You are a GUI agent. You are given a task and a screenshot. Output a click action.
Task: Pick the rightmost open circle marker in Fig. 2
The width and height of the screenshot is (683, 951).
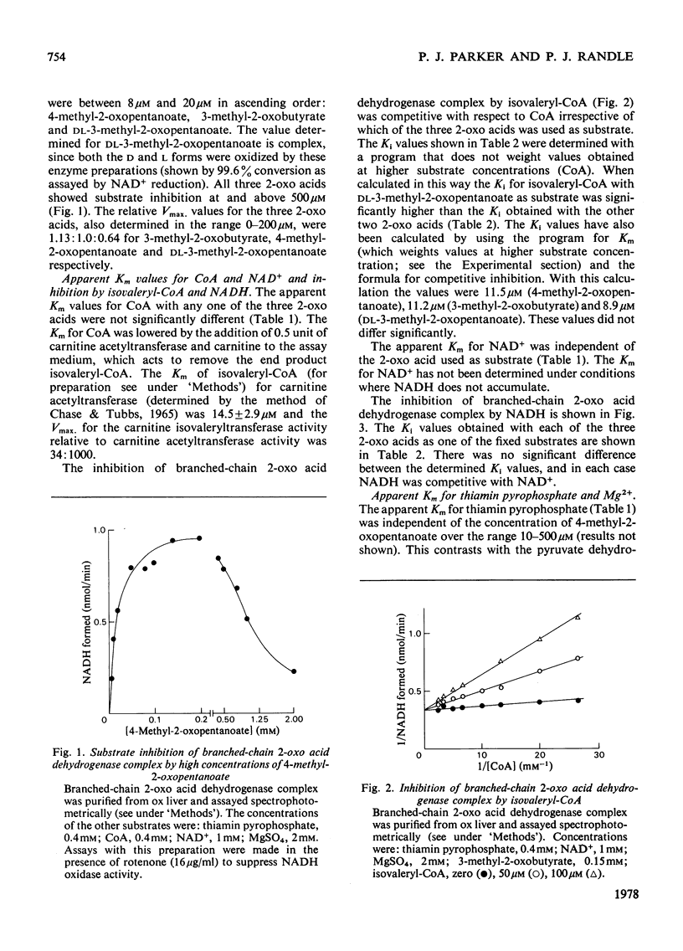[x=579, y=659]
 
